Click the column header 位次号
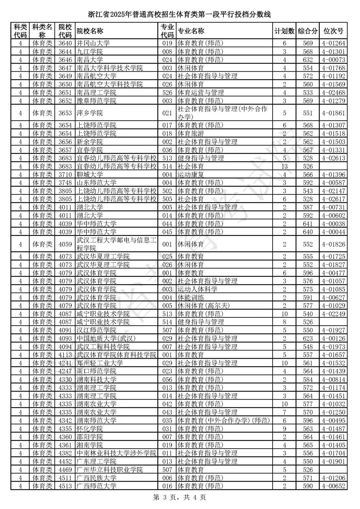pyautogui.click(x=333, y=31)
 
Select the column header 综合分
pyautogui.click(x=308, y=31)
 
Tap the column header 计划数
pyautogui.click(x=284, y=31)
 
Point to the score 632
pyautogui.click(x=308, y=60)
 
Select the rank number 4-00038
pyautogui.click(x=333, y=224)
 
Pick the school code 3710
pyautogui.click(x=65, y=174)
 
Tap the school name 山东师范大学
pyautogui.click(x=96, y=183)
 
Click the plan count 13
pyautogui.click(x=284, y=166)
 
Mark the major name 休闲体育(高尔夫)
pyautogui.click(x=204, y=306)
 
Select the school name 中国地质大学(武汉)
pyautogui.click(x=106, y=338)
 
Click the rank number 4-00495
pyautogui.click(x=333, y=420)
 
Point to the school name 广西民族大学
pyautogui.click(x=96, y=478)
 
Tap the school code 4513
pyautogui.click(x=65, y=486)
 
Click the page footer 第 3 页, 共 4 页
pyautogui.click(x=179, y=497)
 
